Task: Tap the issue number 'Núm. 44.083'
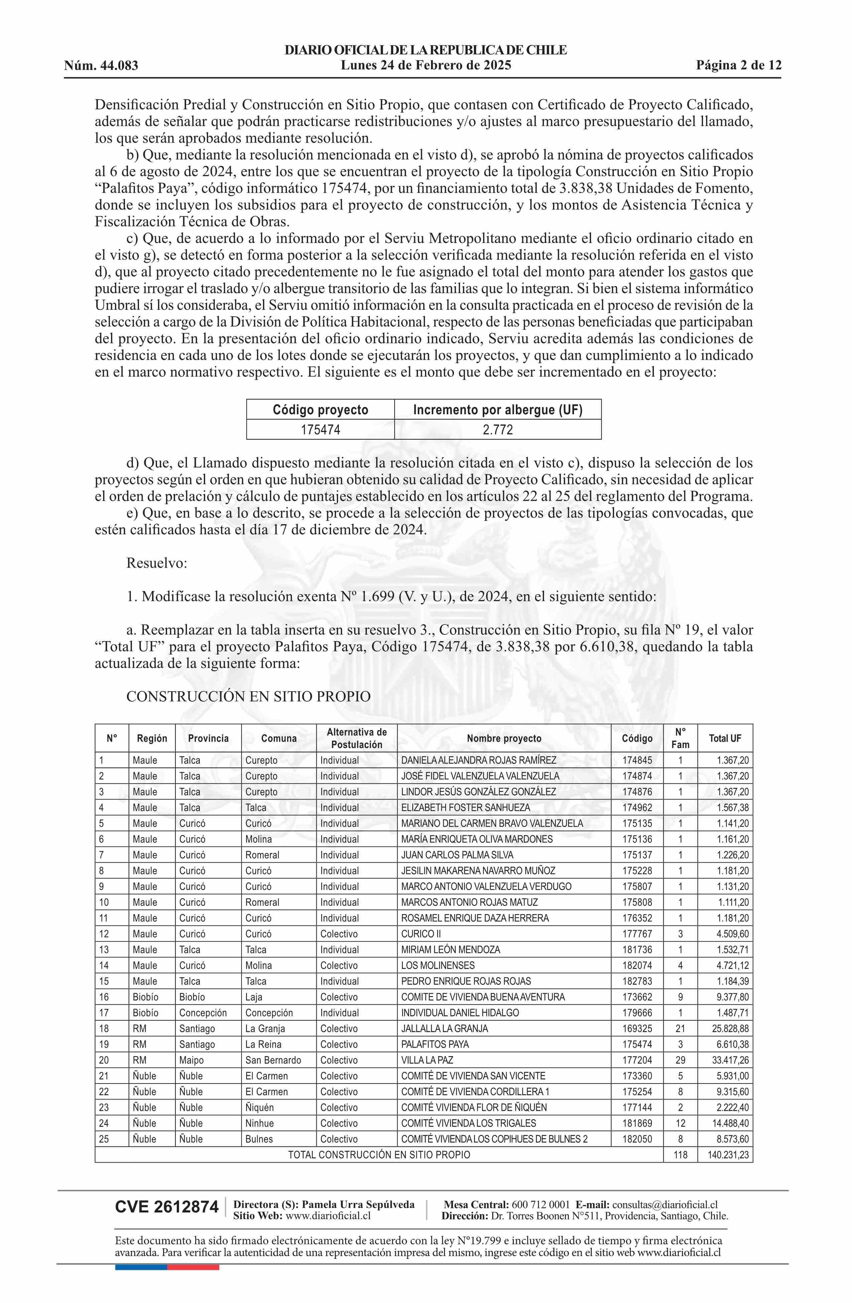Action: pyautogui.click(x=101, y=66)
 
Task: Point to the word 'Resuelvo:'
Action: pyautogui.click(x=157, y=563)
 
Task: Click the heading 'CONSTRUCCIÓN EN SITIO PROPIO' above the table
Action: pyautogui.click(x=248, y=696)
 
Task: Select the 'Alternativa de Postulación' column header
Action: pyautogui.click(x=357, y=738)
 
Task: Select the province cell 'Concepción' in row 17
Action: pyautogui.click(x=202, y=1013)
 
